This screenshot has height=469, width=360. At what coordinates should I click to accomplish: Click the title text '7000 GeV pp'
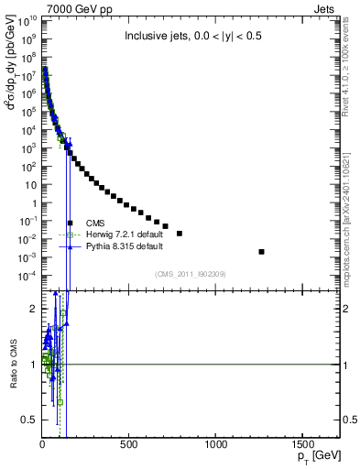click(61, 9)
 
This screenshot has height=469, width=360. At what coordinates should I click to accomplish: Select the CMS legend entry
click(94, 223)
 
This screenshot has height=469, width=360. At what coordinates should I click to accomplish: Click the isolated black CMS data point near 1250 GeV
click(262, 251)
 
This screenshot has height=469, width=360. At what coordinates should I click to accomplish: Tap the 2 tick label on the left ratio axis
click(32, 309)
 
